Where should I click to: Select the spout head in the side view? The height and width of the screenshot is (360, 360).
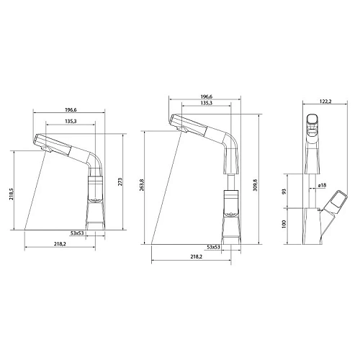click(x=313, y=127)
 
